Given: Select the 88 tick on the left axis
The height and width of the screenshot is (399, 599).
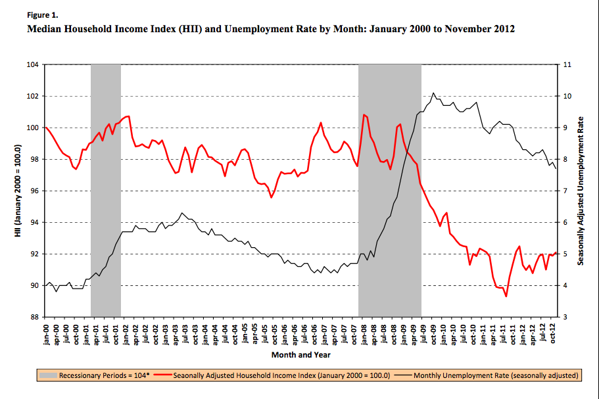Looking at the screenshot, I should pyautogui.click(x=33, y=317).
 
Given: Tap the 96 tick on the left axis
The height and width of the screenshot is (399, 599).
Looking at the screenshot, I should pyautogui.click(x=33, y=191).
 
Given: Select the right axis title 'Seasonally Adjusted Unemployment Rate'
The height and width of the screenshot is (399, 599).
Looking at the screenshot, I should pyautogui.click(x=581, y=191).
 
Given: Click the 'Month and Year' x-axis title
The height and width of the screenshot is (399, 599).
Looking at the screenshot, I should pyautogui.click(x=300, y=355).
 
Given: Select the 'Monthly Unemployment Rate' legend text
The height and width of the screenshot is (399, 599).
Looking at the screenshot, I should pyautogui.click(x=497, y=375).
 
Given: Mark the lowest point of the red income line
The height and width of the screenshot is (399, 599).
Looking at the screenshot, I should pyautogui.click(x=506, y=296).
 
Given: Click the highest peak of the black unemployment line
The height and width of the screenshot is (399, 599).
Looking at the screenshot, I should pyautogui.click(x=433, y=93).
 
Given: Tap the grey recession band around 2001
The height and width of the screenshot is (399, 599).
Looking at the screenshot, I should pyautogui.click(x=105, y=191).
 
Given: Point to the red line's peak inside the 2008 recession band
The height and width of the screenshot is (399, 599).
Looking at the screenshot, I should pyautogui.click(x=364, y=114).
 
